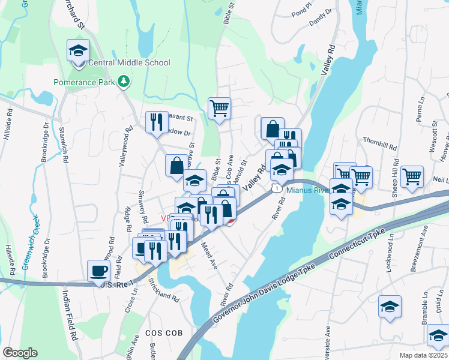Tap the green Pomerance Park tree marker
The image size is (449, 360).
click(x=124, y=81)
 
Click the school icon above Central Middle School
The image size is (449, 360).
click(x=78, y=50)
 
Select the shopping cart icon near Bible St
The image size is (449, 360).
click(x=220, y=109)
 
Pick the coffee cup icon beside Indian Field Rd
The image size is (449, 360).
click(x=98, y=270)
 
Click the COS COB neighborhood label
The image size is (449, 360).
click(x=160, y=333)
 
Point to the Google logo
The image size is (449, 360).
click(x=20, y=353)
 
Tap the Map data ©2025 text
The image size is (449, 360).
click(x=422, y=355)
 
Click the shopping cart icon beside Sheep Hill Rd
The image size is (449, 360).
click(x=412, y=176)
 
